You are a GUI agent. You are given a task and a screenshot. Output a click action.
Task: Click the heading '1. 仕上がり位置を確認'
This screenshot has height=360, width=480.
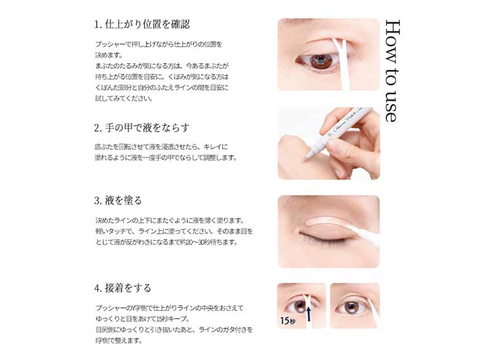click(x=142, y=25)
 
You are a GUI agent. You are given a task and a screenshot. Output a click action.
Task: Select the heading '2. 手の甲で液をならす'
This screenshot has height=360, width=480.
click(x=142, y=127)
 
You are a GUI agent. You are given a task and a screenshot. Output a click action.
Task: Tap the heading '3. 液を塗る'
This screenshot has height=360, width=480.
click(x=118, y=201)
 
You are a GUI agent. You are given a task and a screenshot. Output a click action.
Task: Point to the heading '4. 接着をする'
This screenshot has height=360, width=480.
click(x=122, y=288)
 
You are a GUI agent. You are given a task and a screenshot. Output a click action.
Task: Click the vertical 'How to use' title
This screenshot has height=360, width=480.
click(x=393, y=71)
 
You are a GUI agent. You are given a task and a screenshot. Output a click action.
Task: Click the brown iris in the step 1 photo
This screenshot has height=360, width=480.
click(x=321, y=61)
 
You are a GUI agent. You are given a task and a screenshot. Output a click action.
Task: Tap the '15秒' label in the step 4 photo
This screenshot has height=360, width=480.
click(x=288, y=320)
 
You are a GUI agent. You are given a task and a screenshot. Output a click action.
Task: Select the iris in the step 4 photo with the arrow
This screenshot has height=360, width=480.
click(x=300, y=306)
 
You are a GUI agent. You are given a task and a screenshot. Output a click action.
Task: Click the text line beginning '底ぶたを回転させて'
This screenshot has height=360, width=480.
click(x=161, y=147)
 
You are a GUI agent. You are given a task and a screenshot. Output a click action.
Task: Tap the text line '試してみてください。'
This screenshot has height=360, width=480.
click(x=124, y=98)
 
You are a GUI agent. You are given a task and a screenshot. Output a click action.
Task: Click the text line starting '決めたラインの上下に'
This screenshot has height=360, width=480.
click(x=170, y=220)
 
